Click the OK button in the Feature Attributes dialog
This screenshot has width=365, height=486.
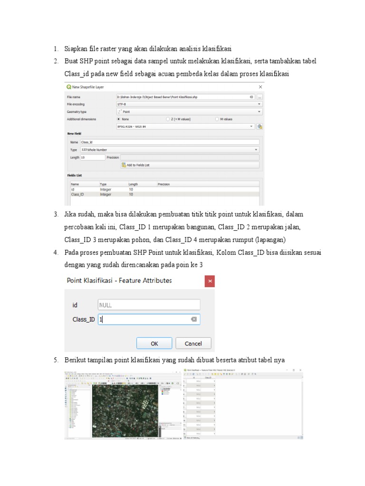click(x=154, y=343)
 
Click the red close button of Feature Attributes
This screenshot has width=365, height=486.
click(x=210, y=281)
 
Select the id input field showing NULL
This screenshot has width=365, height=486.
click(x=149, y=305)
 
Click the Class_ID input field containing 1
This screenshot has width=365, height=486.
click(x=143, y=319)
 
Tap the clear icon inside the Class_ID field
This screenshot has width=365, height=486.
click(x=194, y=319)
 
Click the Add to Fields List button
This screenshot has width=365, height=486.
click(x=190, y=165)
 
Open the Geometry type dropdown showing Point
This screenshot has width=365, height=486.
click(x=189, y=112)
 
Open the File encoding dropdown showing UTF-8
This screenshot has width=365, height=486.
click(x=189, y=104)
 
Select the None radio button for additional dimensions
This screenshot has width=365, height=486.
click(x=118, y=119)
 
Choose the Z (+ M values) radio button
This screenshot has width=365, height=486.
click(x=168, y=119)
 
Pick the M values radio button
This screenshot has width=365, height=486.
click(x=217, y=119)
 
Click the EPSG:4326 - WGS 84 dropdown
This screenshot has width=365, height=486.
click(x=185, y=127)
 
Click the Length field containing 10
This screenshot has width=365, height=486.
click(x=92, y=157)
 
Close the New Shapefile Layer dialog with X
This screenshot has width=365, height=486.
click(x=260, y=87)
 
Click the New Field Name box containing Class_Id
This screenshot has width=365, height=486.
click(x=169, y=142)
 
